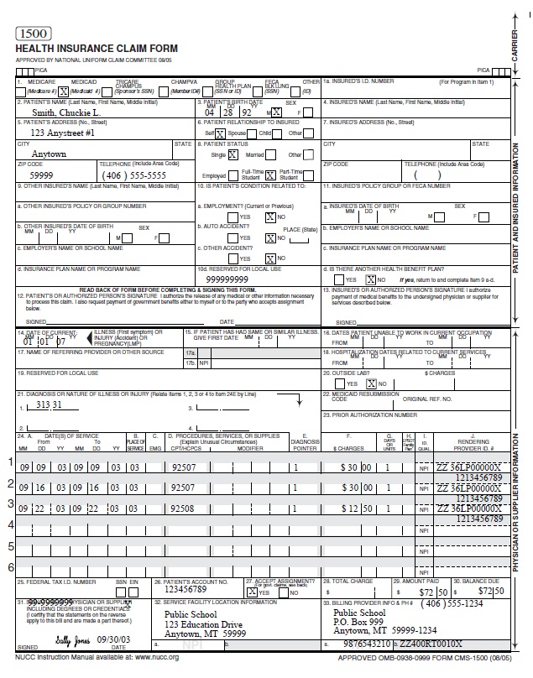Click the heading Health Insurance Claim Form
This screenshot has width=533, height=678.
[x=75, y=50]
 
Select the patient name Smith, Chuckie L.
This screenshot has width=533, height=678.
[x=66, y=112]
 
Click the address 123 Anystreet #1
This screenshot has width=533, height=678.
[x=62, y=133]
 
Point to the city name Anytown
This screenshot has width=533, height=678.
[x=49, y=154]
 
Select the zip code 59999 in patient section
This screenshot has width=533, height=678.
[x=41, y=175]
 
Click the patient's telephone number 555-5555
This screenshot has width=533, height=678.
[x=144, y=175]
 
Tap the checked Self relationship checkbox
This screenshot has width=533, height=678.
[x=220, y=133]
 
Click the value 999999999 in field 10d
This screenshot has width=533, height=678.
[x=227, y=279]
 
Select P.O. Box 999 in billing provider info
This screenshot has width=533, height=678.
[x=358, y=622]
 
